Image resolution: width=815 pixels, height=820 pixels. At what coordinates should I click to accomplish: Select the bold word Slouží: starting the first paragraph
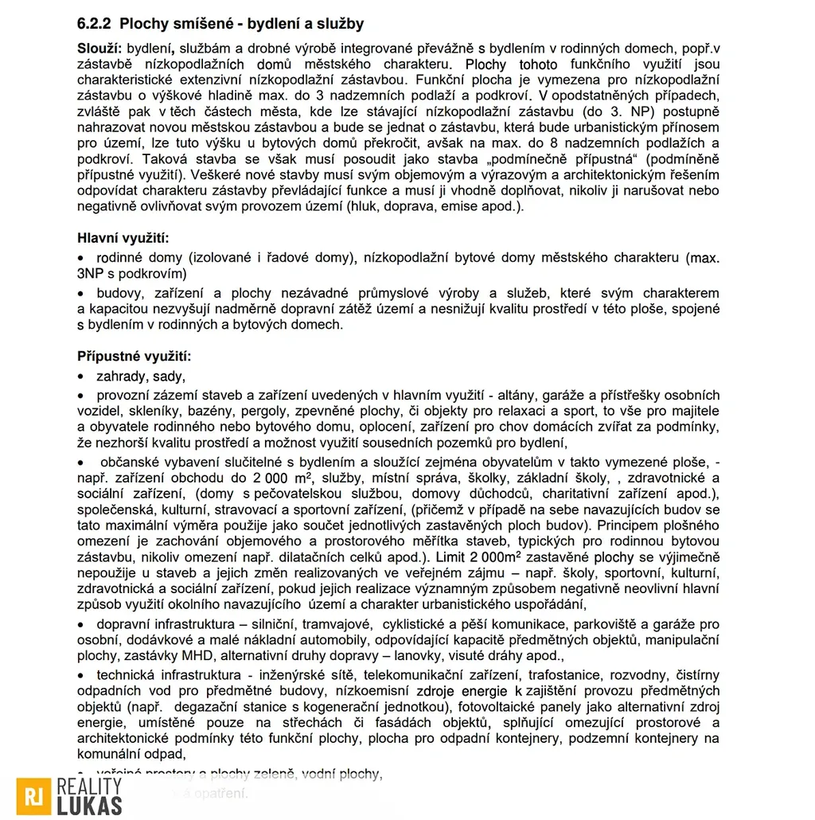(x=99, y=49)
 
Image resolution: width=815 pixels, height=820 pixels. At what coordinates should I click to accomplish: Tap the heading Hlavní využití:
(x=123, y=238)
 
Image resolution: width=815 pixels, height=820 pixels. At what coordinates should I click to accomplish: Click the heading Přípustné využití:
(x=134, y=356)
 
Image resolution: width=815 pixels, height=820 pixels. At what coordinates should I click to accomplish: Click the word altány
(x=517, y=396)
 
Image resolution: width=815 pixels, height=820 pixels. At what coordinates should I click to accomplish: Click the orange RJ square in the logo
(x=33, y=797)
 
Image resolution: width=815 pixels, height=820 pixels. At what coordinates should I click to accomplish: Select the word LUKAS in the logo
(x=90, y=806)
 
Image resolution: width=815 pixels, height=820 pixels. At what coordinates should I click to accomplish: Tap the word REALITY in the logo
(x=90, y=787)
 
